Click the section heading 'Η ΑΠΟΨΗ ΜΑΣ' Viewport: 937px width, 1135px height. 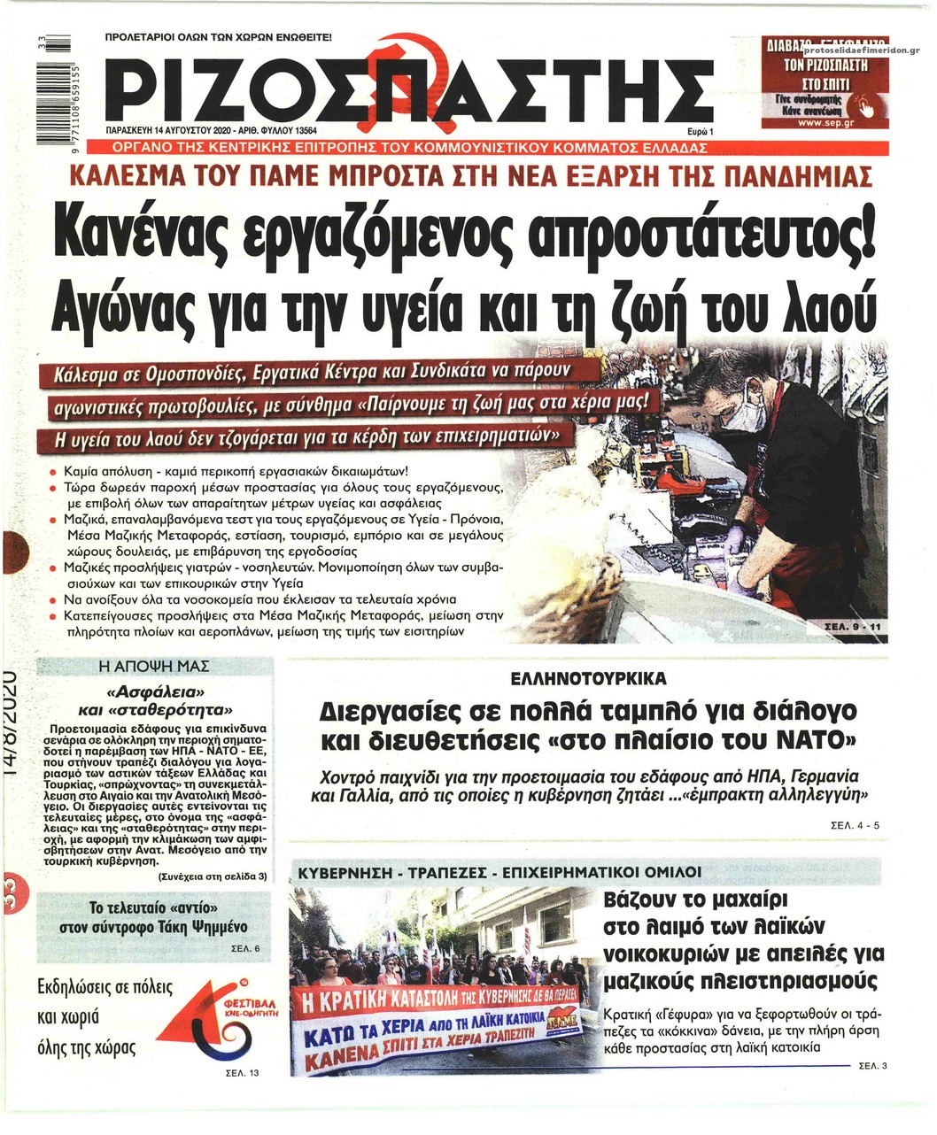click(154, 666)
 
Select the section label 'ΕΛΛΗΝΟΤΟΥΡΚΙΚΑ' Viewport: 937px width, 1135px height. click(588, 679)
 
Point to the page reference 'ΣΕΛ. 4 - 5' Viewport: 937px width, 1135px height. click(855, 825)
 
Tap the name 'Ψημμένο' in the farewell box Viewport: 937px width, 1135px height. click(213, 927)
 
